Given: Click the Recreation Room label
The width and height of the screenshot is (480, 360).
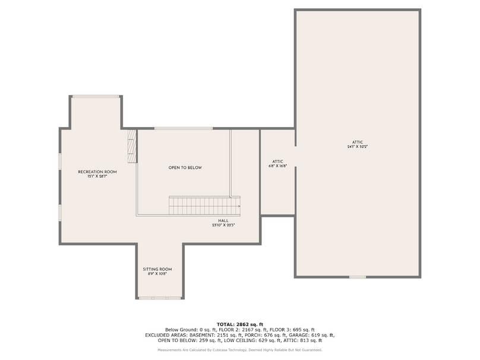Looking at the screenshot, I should coord(97,172).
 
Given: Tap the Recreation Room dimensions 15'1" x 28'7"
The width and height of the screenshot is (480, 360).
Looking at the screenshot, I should coord(97,176).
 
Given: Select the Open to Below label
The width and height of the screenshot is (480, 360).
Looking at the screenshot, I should coord(185,168).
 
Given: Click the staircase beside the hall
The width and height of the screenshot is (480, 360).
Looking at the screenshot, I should coord(204,206).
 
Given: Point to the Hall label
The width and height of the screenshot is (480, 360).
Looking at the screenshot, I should coord(222,220).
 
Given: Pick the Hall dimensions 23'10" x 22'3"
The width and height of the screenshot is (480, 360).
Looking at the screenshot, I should coord(222,225).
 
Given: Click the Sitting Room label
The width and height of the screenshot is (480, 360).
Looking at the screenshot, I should coord(157,269).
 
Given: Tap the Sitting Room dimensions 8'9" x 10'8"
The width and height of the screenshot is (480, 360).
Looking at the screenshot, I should coord(157,274).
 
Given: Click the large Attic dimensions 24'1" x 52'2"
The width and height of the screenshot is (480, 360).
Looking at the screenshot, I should coord(357,147).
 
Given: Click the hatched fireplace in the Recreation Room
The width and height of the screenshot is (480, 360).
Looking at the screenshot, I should coord(132,146).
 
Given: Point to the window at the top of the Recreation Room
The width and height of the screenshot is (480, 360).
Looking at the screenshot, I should coord(95,96).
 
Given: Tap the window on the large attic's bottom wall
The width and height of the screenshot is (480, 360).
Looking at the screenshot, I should coord(357,277).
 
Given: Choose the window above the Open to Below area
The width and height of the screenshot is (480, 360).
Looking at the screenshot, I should coord(183,128).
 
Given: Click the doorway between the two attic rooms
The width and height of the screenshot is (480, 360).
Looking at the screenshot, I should coord(295,156).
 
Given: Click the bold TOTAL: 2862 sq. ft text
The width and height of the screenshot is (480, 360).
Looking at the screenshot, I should coord(239,323).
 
